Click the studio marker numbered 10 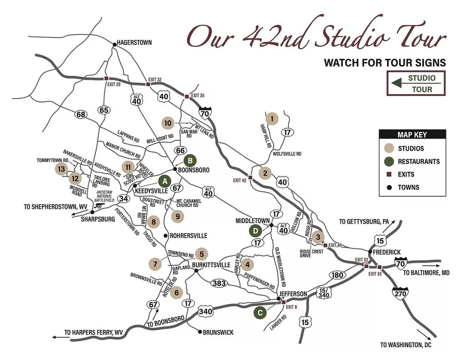(x=168, y=123)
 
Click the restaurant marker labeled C (x=260, y=312)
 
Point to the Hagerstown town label (x=134, y=43)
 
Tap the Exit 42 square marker (x=250, y=177)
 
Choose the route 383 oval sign (x=219, y=283)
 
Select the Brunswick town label (x=219, y=332)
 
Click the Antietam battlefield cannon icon (x=99, y=205)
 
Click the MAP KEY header (x=412, y=135)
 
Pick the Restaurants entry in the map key (x=419, y=161)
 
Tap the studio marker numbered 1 (x=272, y=119)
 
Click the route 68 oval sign (x=81, y=115)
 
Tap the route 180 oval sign (x=337, y=275)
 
